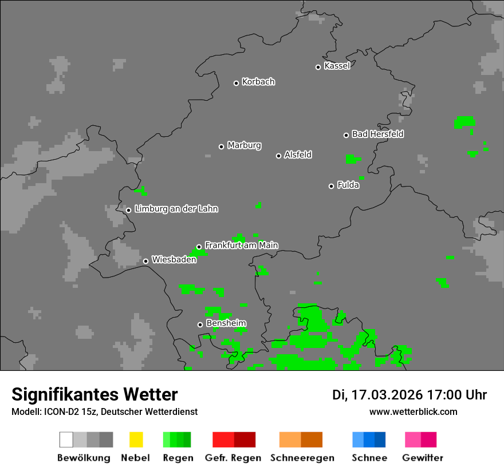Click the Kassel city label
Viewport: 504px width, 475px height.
[337, 66]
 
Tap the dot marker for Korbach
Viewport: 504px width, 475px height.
[236, 83]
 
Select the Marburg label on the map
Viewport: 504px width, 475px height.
[244, 145]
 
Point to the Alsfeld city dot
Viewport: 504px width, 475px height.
[279, 156]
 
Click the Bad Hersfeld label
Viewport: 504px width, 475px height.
[377, 134]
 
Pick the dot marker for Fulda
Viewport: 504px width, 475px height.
[331, 186]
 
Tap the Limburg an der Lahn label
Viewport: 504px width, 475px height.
[176, 209]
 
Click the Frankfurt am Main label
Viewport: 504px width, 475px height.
[241, 246]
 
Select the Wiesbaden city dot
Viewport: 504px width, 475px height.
[145, 261]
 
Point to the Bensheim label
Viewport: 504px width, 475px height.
[226, 323]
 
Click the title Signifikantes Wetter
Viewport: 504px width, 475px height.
[94, 394]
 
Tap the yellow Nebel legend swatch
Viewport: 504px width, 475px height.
[136, 440]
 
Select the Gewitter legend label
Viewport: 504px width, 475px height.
[423, 458]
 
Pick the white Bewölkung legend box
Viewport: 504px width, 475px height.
[66, 440]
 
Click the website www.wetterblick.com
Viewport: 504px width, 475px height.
[413, 411]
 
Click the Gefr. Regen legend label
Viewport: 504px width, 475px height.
[233, 458]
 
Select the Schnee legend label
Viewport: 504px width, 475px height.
[369, 458]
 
